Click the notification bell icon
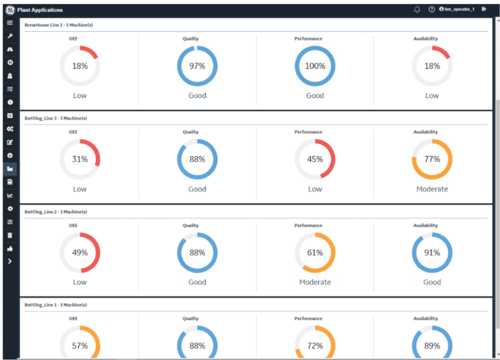(417, 10)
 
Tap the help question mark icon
(432, 9)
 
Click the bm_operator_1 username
(459, 9)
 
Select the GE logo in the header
(10, 10)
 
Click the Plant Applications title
(40, 10)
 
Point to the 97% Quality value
(197, 66)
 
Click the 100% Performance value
(315, 66)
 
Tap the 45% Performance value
(315, 159)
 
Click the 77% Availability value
(432, 159)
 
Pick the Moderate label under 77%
(432, 189)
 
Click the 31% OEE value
(80, 159)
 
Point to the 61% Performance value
(315, 253)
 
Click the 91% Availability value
(432, 253)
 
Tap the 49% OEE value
(80, 253)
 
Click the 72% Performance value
(315, 346)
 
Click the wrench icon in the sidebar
(10, 36)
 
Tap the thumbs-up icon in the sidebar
(10, 249)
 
